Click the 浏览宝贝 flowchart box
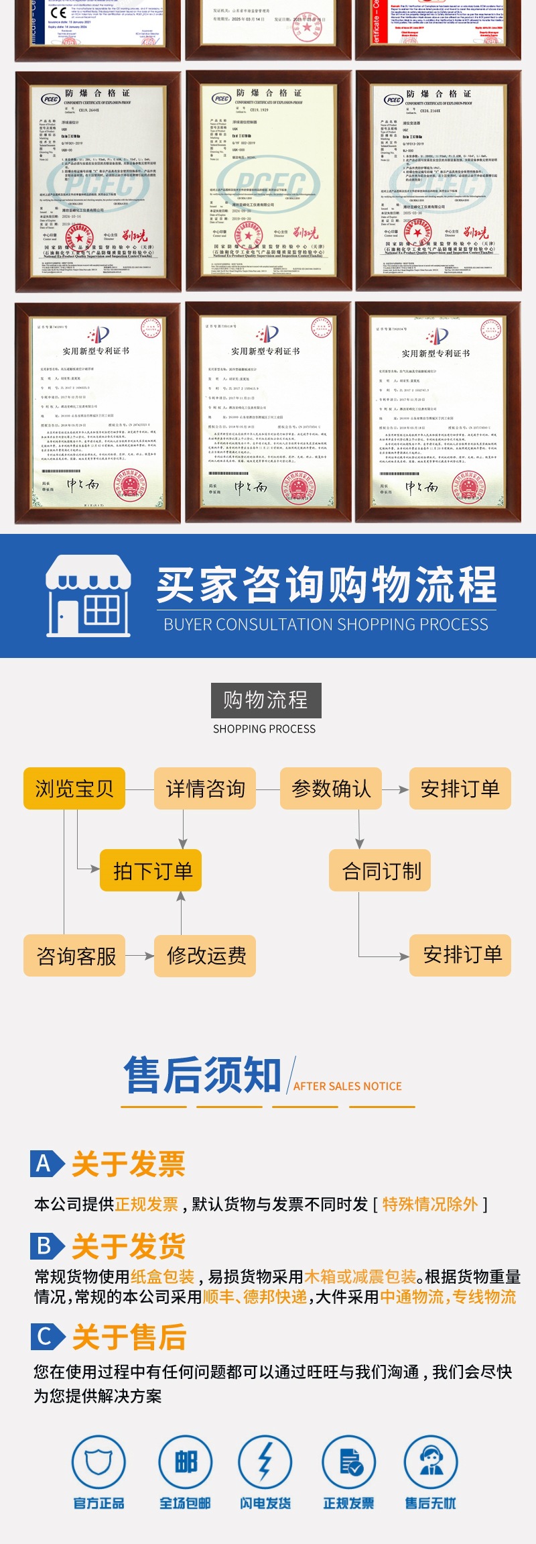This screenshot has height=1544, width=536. pyautogui.click(x=74, y=789)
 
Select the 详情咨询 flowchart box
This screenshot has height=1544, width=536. pyautogui.click(x=205, y=789)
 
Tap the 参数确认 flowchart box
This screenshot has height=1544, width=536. pyautogui.click(x=331, y=789)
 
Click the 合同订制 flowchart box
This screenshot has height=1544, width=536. pyautogui.click(x=380, y=871)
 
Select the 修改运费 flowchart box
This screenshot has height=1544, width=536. pyautogui.click(x=206, y=955)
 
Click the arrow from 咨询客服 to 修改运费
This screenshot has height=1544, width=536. pyautogui.click(x=140, y=956)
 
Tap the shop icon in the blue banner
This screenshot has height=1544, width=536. pyautogui.click(x=88, y=596)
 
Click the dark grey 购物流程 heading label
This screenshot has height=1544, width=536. pyautogui.click(x=266, y=700)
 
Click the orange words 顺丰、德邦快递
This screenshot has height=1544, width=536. pyautogui.click(x=255, y=1297)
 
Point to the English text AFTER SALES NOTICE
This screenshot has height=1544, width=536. pyautogui.click(x=347, y=1086)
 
